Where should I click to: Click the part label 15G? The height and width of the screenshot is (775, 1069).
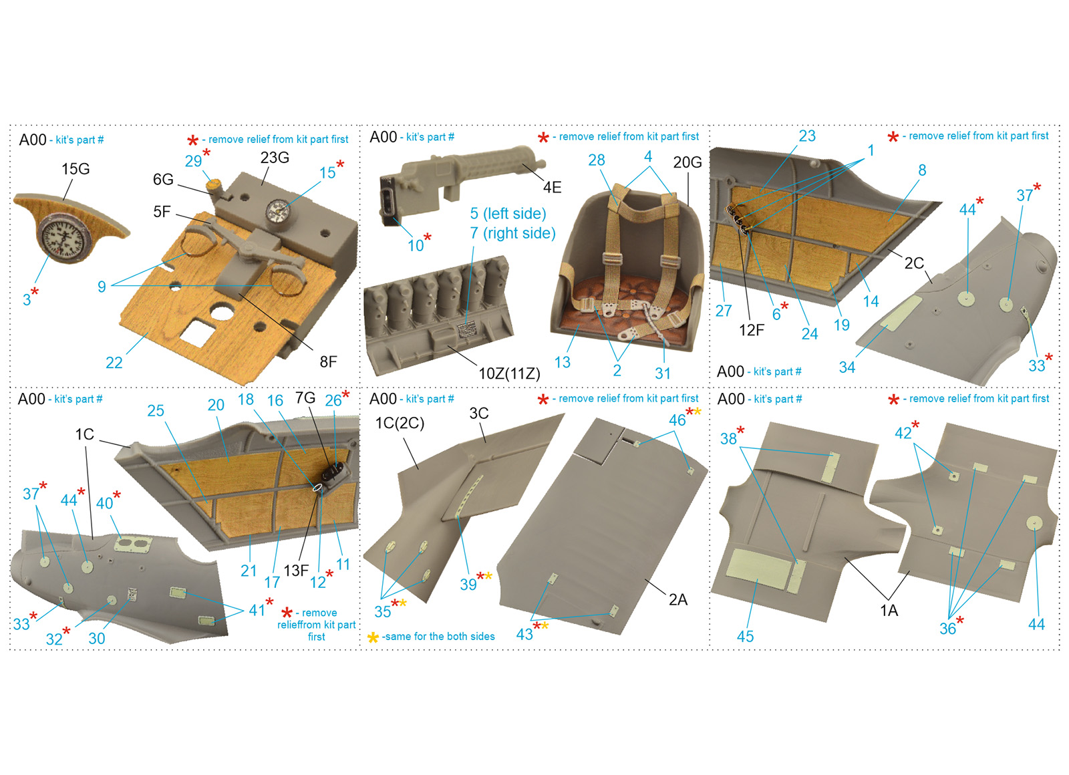(75, 169)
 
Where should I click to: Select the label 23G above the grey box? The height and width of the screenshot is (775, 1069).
(275, 158)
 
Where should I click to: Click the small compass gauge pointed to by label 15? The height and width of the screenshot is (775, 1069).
(276, 210)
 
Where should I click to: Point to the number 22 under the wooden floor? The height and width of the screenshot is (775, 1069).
(114, 363)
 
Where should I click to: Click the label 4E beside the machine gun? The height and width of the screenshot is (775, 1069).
(552, 188)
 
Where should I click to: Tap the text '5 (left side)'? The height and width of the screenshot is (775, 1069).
(508, 214)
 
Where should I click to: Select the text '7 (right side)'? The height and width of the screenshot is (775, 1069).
(512, 233)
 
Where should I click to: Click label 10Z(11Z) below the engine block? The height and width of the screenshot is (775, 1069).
(509, 373)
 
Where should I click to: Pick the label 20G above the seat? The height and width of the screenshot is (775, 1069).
(688, 163)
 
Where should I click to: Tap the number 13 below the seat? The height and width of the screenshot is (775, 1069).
(562, 362)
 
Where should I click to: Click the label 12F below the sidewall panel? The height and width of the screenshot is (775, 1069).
(752, 330)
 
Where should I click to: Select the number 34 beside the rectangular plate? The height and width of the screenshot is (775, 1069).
(847, 367)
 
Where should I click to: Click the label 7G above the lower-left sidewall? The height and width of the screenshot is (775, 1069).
(305, 398)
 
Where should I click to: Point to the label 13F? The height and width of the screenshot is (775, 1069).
(296, 571)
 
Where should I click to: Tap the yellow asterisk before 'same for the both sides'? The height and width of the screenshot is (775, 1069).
(373, 637)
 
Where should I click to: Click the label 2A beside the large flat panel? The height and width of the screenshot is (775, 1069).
(677, 599)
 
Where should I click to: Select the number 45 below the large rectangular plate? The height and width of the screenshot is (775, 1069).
(745, 636)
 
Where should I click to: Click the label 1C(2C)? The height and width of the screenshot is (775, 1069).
(400, 424)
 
